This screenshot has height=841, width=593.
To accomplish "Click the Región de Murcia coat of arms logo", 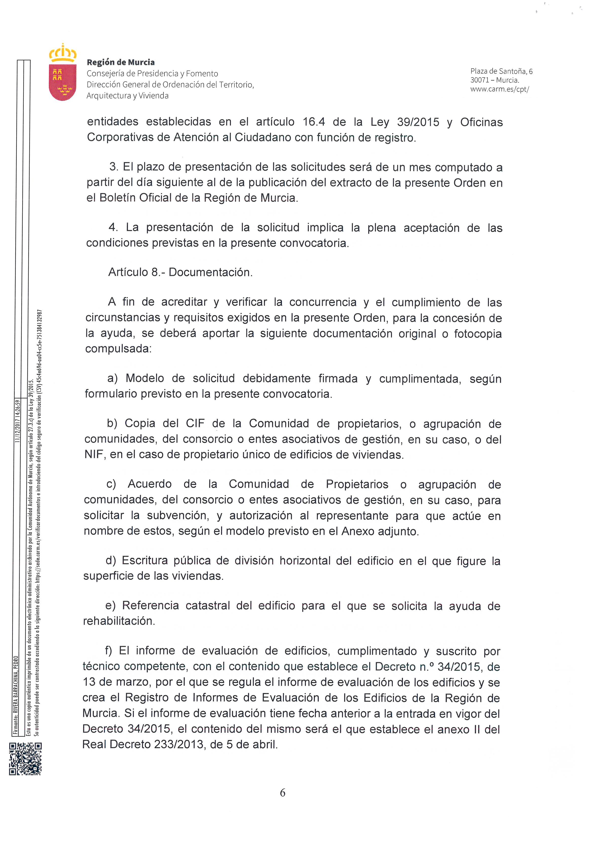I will [63, 73].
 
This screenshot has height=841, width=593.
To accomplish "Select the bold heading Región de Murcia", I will [120, 62].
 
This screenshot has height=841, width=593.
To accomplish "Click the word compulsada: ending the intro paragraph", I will [118, 349].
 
